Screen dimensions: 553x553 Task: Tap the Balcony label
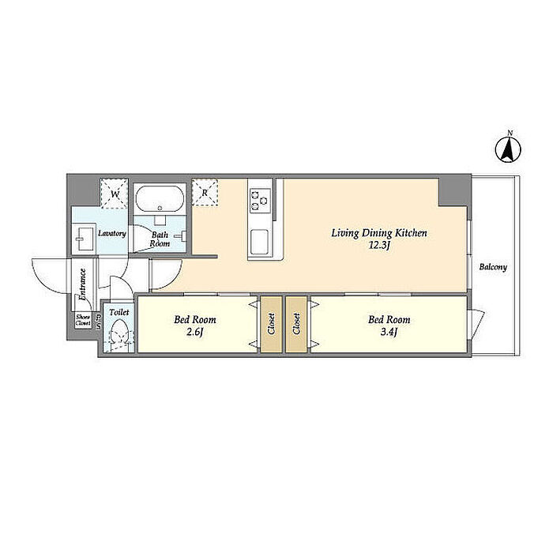(493, 267)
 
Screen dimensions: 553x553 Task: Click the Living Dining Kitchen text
(379, 233)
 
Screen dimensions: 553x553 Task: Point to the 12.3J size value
(379, 246)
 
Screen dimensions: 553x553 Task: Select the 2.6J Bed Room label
(195, 320)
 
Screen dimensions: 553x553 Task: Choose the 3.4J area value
(389, 332)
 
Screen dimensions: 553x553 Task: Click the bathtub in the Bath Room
(160, 198)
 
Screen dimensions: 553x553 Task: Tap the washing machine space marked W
(115, 194)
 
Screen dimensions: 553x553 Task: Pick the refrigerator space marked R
(205, 193)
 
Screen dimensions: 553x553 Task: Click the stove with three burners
(260, 201)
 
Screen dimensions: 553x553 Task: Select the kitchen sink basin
(260, 243)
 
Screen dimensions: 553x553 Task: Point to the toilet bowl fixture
(118, 333)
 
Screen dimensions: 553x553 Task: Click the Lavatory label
(112, 234)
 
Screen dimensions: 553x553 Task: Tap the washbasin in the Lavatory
(84, 239)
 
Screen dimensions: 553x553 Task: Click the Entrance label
(82, 284)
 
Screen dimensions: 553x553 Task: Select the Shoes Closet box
(83, 321)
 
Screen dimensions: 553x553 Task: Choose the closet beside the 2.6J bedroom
(271, 324)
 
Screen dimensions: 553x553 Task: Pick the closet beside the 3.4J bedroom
(296, 324)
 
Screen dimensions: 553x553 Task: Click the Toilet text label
(118, 312)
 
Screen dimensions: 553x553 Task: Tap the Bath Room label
(160, 239)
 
